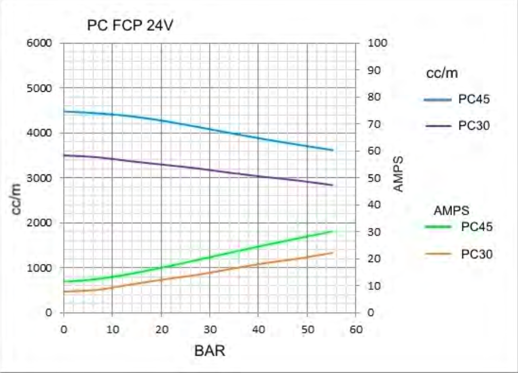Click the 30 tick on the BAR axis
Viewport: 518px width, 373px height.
click(x=210, y=329)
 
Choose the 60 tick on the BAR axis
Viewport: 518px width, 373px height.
click(x=356, y=329)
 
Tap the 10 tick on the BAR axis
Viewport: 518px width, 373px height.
click(x=112, y=329)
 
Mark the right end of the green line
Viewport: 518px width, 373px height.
click(x=333, y=231)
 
